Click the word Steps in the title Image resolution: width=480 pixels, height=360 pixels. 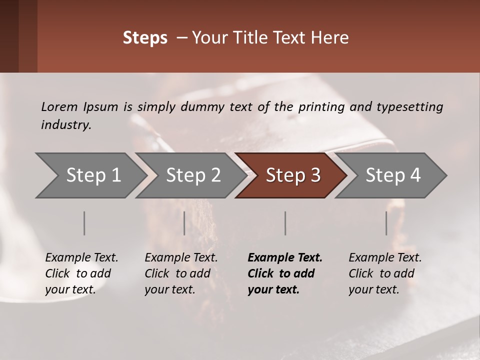pyautogui.click(x=145, y=38)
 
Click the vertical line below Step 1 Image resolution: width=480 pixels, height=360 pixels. pyautogui.click(x=84, y=223)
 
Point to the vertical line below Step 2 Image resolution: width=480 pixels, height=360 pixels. pyautogui.click(x=184, y=223)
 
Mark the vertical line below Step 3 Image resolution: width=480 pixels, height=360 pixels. pyautogui.click(x=285, y=223)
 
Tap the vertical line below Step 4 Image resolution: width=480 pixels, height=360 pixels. pyautogui.click(x=386, y=223)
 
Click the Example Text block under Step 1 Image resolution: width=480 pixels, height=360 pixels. pyautogui.click(x=81, y=273)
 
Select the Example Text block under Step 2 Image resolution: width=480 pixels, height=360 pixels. pyautogui.click(x=181, y=273)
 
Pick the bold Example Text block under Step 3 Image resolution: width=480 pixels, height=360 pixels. pyautogui.click(x=285, y=273)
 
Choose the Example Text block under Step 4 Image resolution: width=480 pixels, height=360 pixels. pyautogui.click(x=385, y=273)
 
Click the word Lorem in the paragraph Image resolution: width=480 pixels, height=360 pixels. pyautogui.click(x=59, y=106)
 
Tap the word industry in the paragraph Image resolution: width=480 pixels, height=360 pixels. pyautogui.click(x=65, y=125)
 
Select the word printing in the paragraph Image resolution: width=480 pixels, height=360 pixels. pyautogui.click(x=322, y=107)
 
